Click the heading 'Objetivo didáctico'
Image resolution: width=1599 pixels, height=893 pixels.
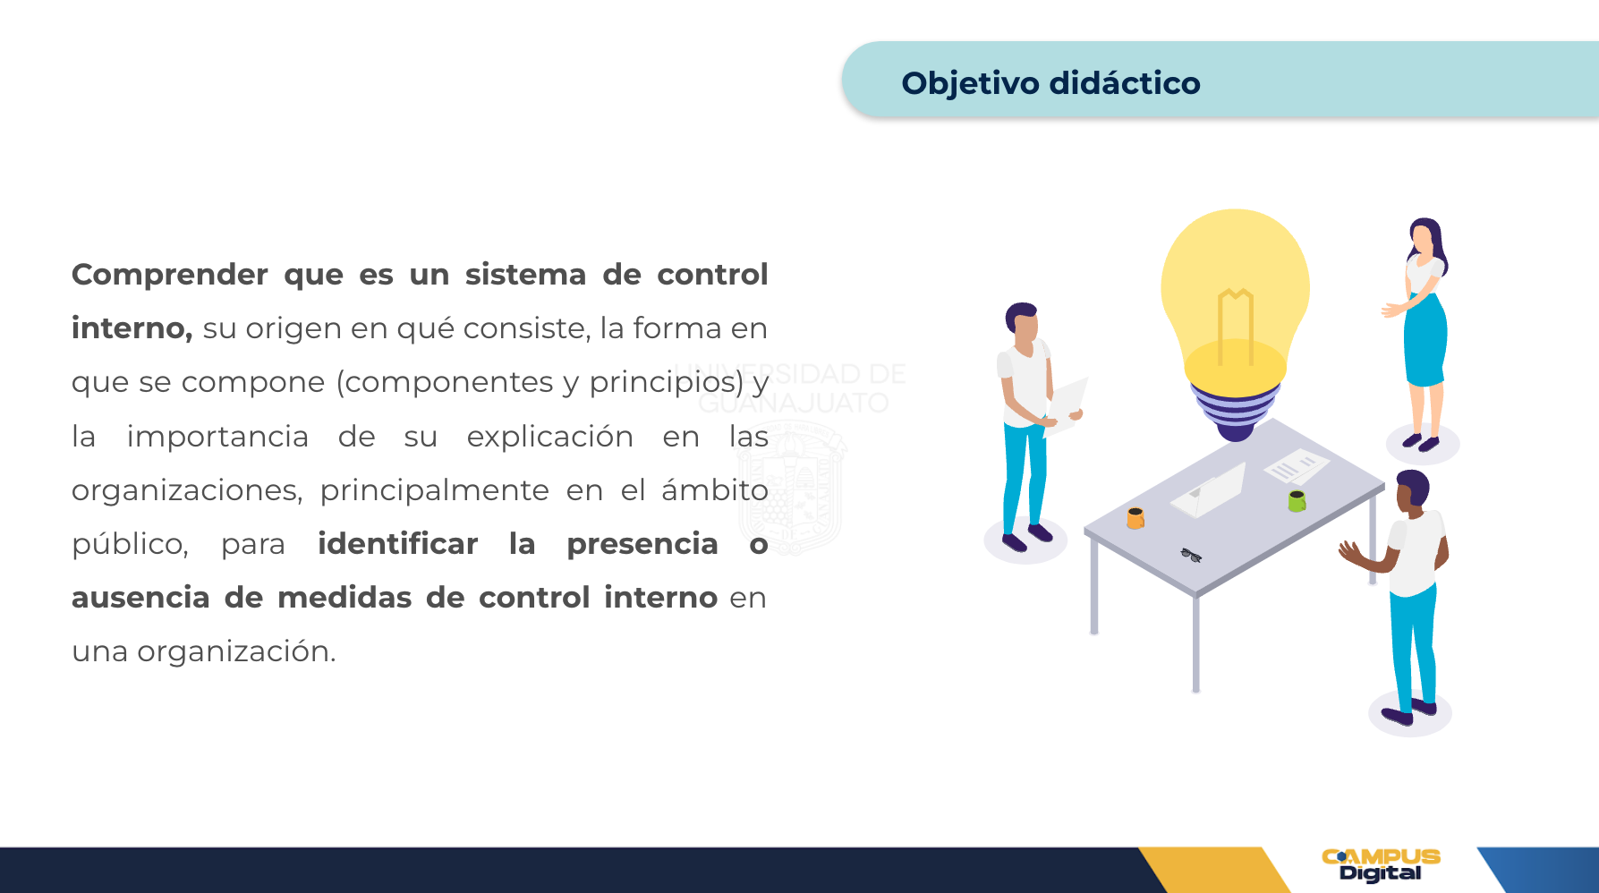click(x=1050, y=83)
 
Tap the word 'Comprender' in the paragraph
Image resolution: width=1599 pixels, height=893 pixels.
click(x=170, y=275)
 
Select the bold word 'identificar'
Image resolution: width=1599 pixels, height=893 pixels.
click(x=398, y=543)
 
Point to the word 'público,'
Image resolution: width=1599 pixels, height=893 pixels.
click(x=131, y=544)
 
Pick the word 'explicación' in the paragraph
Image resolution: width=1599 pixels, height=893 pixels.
click(x=550, y=437)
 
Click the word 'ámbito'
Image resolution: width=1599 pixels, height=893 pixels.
click(x=715, y=489)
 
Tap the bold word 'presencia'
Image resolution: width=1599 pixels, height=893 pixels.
click(x=642, y=544)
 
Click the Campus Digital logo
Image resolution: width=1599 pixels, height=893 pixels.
click(x=1381, y=865)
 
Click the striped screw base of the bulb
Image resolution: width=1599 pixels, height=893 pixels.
click(x=1236, y=412)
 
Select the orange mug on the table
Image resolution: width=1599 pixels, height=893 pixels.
click(x=1135, y=518)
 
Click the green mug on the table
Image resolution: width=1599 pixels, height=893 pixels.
click(x=1297, y=501)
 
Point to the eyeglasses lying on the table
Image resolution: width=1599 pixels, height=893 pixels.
click(x=1191, y=556)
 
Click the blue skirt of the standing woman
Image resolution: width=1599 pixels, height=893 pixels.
click(x=1425, y=341)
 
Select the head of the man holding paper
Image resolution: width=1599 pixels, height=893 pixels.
click(x=1023, y=320)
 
